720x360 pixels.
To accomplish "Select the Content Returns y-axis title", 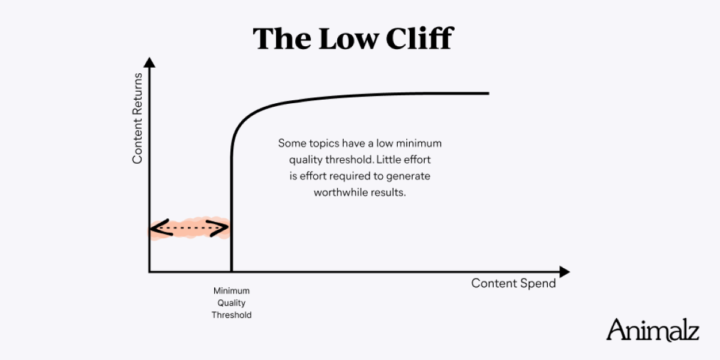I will (x=137, y=118).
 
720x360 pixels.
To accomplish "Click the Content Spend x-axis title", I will (x=513, y=283).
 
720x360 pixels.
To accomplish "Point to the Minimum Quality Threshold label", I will (x=231, y=303).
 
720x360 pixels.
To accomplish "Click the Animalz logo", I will (x=652, y=330).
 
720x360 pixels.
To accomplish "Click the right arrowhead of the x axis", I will (x=563, y=272).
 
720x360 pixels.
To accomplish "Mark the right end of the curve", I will (x=488, y=93).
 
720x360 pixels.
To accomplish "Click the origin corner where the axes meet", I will (x=149, y=272).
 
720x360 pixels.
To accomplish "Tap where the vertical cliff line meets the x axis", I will (x=231, y=272).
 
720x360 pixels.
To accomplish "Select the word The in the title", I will (x=276, y=38).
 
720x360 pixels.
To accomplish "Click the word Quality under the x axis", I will (x=231, y=303).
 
